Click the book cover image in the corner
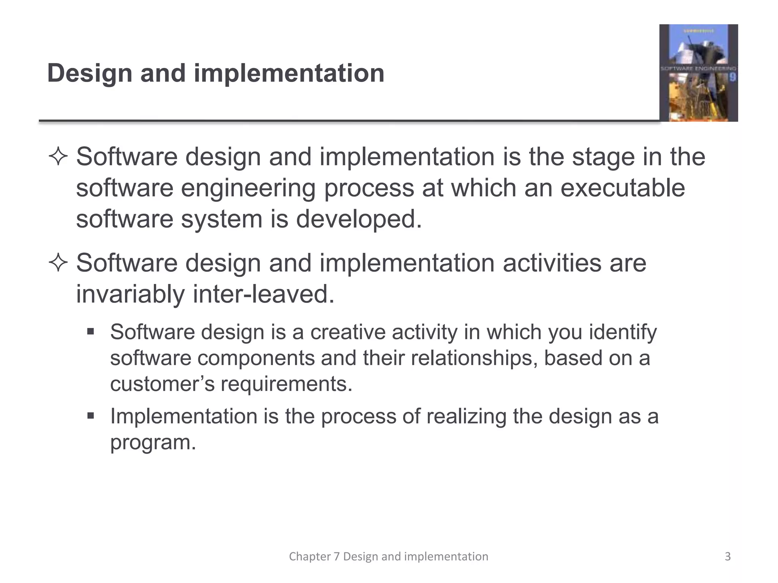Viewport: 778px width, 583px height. (x=698, y=73)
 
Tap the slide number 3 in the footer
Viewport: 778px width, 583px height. (x=727, y=556)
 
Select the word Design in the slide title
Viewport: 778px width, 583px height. (x=89, y=73)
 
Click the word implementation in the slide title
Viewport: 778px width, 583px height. (x=289, y=73)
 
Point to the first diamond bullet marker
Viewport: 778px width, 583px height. (x=58, y=157)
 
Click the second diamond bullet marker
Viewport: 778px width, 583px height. (x=58, y=263)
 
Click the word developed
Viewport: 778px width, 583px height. (x=359, y=219)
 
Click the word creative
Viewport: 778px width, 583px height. (x=348, y=332)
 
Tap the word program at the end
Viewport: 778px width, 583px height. (x=152, y=443)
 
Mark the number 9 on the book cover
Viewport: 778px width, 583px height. (x=732, y=77)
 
